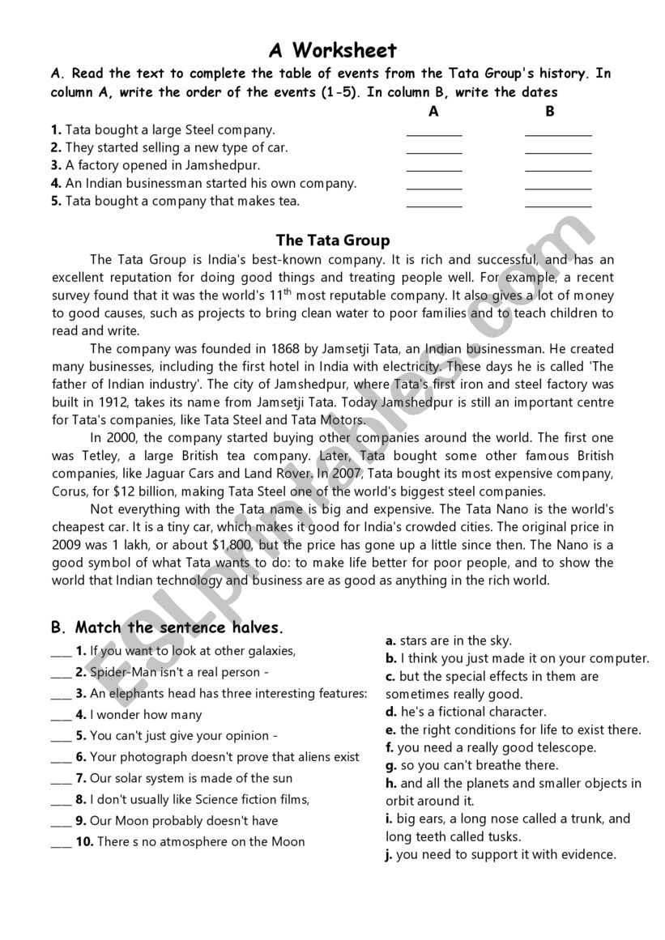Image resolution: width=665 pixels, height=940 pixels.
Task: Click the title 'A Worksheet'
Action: pyautogui.click(x=332, y=51)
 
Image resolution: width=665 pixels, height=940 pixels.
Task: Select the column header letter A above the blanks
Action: pyautogui.click(x=433, y=111)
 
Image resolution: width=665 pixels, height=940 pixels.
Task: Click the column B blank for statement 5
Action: pyautogui.click(x=558, y=204)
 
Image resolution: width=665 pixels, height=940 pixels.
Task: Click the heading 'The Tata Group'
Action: pyautogui.click(x=332, y=240)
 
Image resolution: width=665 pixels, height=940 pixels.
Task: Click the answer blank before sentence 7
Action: pyautogui.click(x=61, y=778)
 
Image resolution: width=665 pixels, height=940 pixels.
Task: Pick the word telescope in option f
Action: pyautogui.click(x=562, y=747)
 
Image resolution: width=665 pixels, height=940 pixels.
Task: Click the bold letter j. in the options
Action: pyautogui.click(x=390, y=854)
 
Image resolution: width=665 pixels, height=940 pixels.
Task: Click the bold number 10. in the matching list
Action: pyautogui.click(x=85, y=841)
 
